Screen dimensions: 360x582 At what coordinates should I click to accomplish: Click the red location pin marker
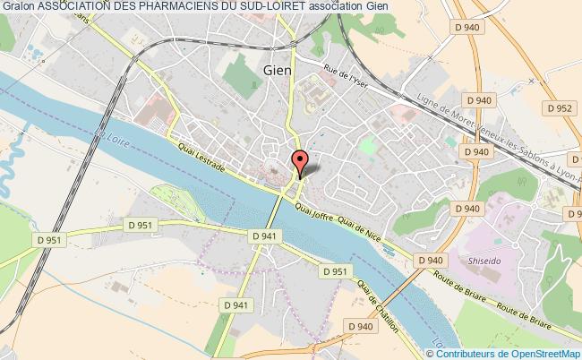pyautogui.click(x=301, y=163)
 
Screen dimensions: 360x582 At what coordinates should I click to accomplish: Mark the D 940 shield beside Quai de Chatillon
pyautogui.click(x=358, y=328)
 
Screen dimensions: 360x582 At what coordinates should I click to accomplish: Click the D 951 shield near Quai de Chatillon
pyautogui.click(x=334, y=271)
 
